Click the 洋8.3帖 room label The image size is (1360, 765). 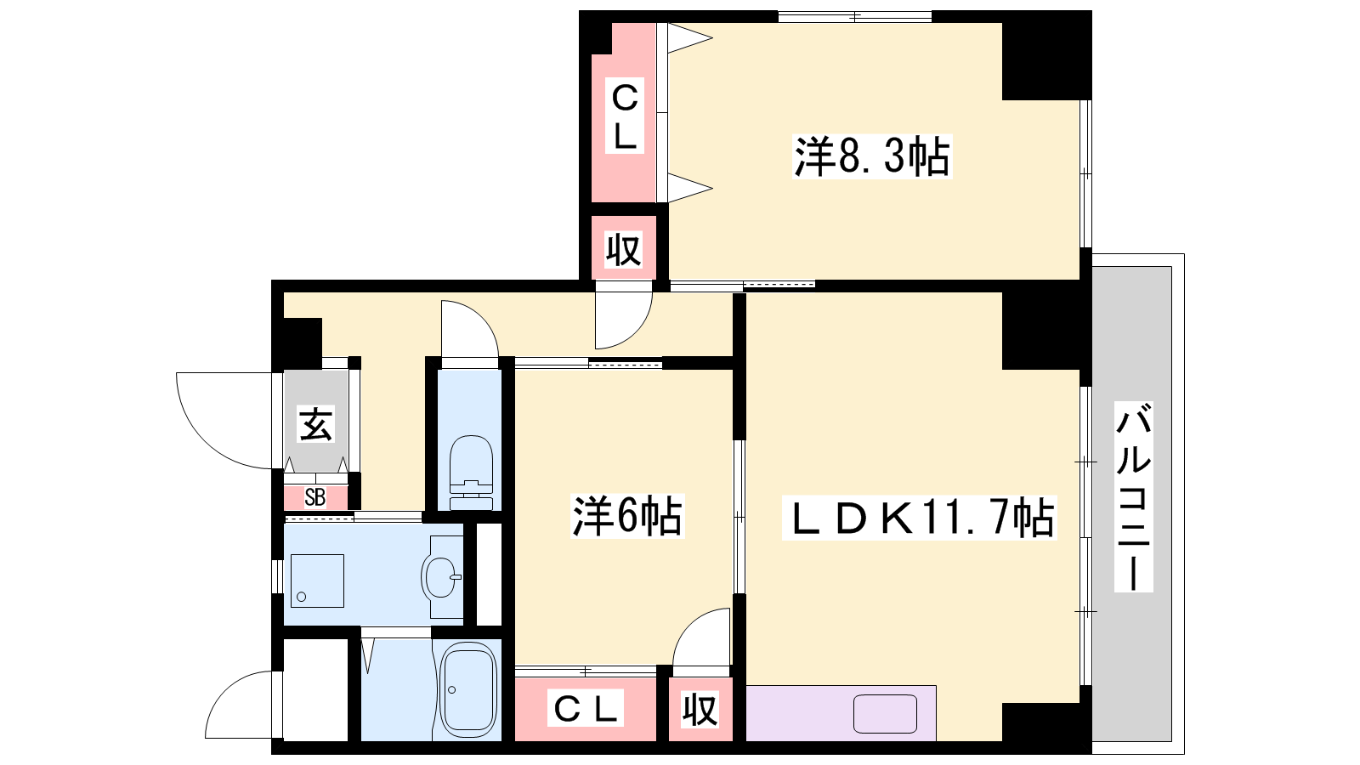(x=872, y=156)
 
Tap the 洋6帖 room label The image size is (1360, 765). (x=628, y=516)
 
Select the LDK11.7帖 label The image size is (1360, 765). (x=919, y=518)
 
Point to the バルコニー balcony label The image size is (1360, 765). (x=1133, y=496)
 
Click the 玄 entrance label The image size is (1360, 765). (x=316, y=424)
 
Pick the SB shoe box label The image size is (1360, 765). (x=315, y=498)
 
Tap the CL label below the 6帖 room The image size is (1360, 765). (x=586, y=708)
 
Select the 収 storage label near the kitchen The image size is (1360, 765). (x=700, y=709)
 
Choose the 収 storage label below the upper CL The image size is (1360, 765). (x=624, y=249)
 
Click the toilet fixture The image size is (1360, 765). (x=470, y=473)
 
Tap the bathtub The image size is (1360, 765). (x=468, y=689)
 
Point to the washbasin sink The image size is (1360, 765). (x=442, y=577)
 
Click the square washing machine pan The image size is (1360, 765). (x=318, y=581)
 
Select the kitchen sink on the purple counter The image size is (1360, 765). (x=885, y=714)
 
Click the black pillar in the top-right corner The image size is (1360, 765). (x=1046, y=55)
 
